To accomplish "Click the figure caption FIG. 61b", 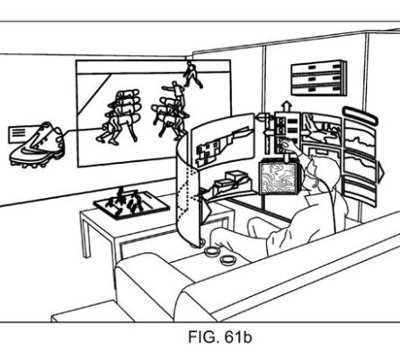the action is coord(220,337).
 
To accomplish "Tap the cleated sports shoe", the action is coord(38,146).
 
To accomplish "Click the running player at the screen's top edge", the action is coord(191,74).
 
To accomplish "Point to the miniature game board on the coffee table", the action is coord(131,204).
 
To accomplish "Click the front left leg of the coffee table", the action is coord(85,237).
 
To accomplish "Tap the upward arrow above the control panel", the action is coord(287,106).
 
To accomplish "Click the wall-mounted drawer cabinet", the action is coord(319,78).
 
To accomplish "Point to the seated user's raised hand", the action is coord(289,146).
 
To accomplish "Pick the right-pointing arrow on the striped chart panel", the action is coord(380,172).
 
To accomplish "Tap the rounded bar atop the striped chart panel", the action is coord(360,115).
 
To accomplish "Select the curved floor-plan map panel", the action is coord(222,141).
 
